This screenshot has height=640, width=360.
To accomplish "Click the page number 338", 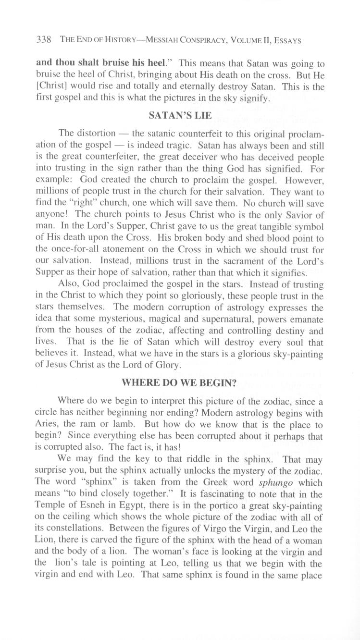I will point(44,41).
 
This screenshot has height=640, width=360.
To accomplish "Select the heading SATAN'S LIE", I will point(180,116).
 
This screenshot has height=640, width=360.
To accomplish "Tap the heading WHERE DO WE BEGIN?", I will point(180,383).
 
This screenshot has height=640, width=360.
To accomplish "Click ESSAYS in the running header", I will point(287,41).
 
